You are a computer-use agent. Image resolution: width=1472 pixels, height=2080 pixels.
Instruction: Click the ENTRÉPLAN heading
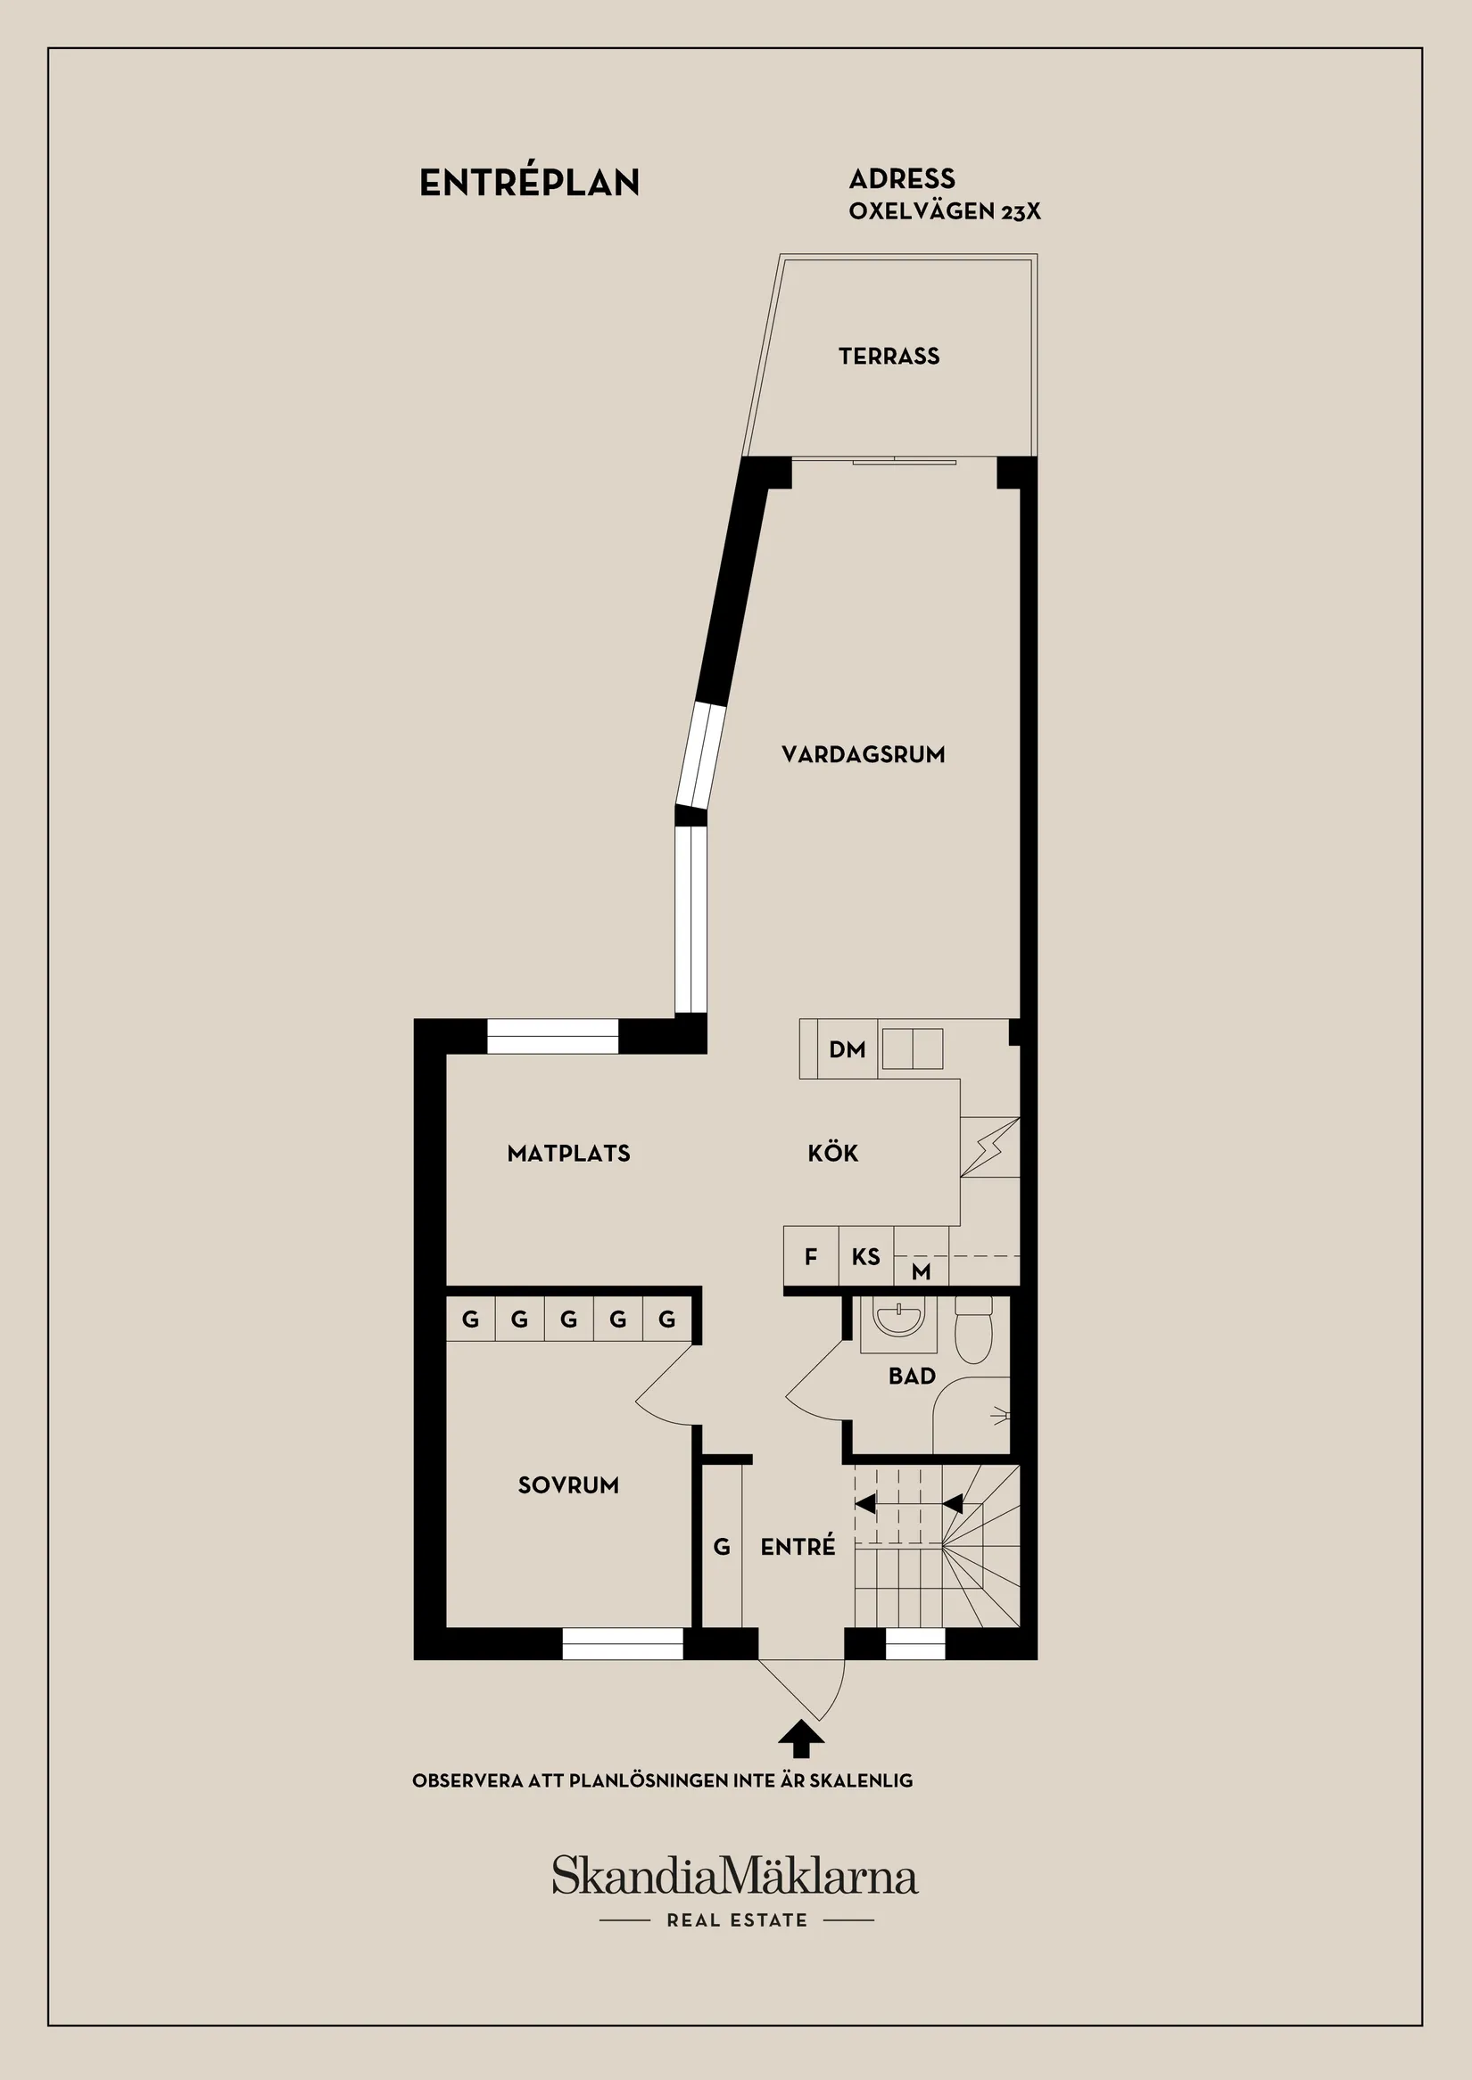529,183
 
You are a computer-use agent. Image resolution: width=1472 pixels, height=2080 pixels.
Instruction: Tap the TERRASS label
889,356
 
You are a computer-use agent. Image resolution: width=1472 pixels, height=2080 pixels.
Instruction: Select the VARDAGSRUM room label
863,754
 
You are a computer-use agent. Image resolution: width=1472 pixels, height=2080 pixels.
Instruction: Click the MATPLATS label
568,1154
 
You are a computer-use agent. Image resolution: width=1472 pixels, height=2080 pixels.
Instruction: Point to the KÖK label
832,1154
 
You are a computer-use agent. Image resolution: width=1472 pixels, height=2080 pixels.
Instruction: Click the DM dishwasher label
847,1050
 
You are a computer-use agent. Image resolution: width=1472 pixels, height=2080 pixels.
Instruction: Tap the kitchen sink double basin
912,1049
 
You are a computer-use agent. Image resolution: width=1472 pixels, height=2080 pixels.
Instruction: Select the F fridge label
810,1256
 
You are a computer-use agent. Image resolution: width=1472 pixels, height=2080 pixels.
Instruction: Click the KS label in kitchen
865,1256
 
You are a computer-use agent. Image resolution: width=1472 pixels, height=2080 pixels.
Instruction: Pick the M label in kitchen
921,1272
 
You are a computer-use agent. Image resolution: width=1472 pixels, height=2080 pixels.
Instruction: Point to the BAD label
912,1376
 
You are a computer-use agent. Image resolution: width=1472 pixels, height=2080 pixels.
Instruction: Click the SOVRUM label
568,1484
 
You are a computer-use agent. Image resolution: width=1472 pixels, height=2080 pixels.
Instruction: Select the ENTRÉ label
798,1547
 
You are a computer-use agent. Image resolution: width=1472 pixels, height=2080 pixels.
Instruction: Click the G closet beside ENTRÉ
722,1547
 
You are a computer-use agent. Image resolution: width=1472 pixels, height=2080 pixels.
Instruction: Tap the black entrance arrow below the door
801,1739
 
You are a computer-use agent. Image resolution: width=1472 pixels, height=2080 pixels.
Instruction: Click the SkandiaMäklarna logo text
735,1875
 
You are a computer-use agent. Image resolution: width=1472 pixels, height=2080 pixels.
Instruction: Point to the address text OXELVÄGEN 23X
945,211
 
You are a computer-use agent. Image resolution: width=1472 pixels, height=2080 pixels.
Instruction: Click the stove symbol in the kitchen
989,1147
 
